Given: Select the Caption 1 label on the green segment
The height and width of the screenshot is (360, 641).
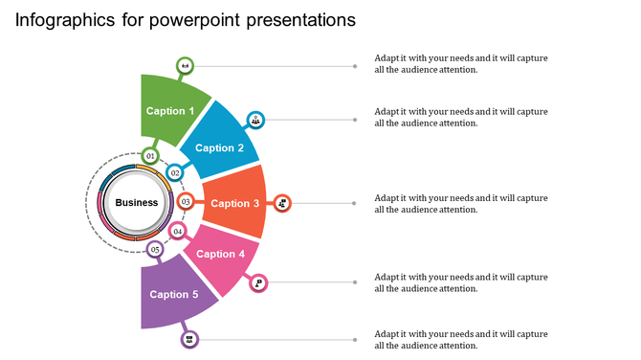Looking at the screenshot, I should [170, 111].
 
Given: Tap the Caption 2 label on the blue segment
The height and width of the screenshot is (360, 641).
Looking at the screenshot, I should [220, 147].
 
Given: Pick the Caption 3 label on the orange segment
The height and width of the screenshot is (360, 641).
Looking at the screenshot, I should [234, 203].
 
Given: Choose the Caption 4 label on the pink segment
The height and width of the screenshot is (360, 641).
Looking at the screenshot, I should [221, 254].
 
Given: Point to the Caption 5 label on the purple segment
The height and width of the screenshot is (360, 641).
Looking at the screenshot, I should [174, 294].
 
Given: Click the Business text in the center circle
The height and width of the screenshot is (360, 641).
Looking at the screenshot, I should [137, 202].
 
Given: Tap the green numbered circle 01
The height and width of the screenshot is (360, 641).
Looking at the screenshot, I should [150, 155].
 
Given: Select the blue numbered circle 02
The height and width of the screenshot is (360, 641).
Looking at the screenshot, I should [175, 173].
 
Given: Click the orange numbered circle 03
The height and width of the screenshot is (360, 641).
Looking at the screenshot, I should [186, 202].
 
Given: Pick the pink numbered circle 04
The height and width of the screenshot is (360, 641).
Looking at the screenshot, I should [177, 232].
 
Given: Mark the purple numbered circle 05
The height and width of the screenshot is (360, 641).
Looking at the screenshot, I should [155, 250].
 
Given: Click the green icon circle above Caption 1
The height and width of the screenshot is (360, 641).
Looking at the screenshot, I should [185, 66].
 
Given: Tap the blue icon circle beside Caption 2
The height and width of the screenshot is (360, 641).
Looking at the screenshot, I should [255, 120].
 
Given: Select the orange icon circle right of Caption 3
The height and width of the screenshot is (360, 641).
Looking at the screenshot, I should [282, 203].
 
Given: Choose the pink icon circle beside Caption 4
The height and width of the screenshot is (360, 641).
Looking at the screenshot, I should [257, 282].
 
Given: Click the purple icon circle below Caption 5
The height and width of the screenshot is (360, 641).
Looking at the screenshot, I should [189, 339].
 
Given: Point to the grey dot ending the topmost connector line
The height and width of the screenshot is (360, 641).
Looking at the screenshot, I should [355, 66].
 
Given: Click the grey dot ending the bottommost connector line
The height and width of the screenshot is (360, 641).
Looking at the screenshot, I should [355, 339].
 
